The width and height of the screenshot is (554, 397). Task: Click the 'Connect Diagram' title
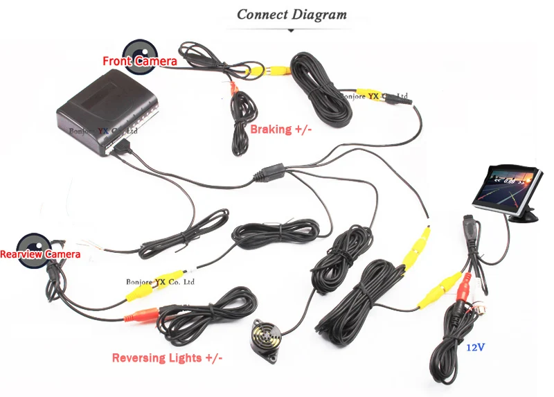tap(292, 14)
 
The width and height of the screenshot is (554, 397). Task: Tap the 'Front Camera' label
tap(139, 62)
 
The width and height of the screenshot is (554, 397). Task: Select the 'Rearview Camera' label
tap(40, 254)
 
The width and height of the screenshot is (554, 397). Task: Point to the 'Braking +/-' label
tap(280, 129)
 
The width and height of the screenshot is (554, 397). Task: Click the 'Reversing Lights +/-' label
tap(168, 358)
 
